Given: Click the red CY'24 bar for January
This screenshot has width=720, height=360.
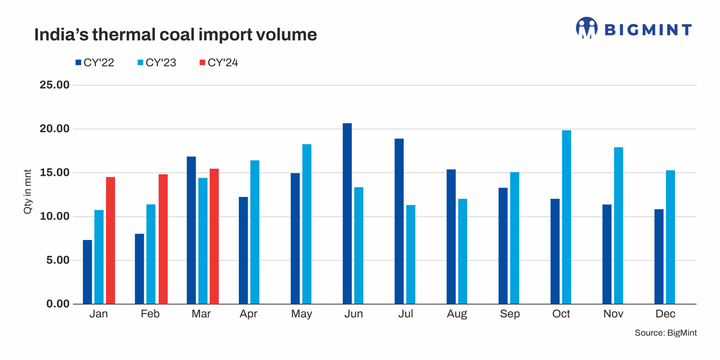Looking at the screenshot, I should coord(110,241).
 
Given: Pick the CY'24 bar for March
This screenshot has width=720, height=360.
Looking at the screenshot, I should coord(214,236).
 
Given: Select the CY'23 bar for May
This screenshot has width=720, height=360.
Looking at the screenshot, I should coord(307,224).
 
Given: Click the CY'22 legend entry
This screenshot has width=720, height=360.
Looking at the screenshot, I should coord(94,62).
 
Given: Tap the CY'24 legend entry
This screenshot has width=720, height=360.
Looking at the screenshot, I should coord(218,62).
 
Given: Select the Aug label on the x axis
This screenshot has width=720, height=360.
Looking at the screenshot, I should coord(458,314).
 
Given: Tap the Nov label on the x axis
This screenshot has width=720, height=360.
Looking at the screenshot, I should coord(613,314).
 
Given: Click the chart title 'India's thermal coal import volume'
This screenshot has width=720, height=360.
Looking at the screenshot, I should coord(175,35).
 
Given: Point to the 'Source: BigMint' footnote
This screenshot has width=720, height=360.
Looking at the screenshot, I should coord(665,333).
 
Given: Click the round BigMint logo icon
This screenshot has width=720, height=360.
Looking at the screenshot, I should coord(587,28).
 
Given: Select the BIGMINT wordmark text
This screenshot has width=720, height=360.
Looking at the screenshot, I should coord(648,29).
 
